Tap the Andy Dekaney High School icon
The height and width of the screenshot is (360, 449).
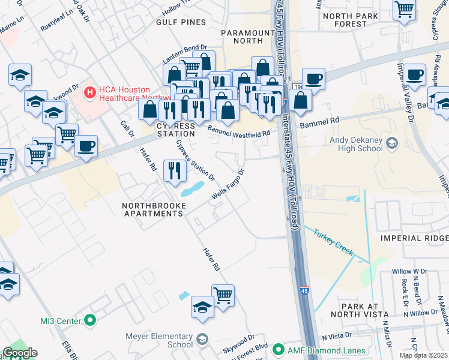coord(392,143)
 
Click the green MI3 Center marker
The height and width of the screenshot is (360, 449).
coord(90,320)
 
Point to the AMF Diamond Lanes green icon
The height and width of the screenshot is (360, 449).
coord(277,349)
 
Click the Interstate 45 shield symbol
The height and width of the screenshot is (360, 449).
coord(304,291)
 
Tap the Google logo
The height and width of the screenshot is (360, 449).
coord(19,353)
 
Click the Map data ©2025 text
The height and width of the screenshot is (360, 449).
coord(424,355)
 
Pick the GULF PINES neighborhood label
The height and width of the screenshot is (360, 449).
coord(181,22)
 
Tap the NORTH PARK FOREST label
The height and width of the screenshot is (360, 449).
coord(353,20)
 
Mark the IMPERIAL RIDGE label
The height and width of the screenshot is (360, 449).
coord(414,238)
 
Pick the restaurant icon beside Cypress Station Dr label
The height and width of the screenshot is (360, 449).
coord(174,170)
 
